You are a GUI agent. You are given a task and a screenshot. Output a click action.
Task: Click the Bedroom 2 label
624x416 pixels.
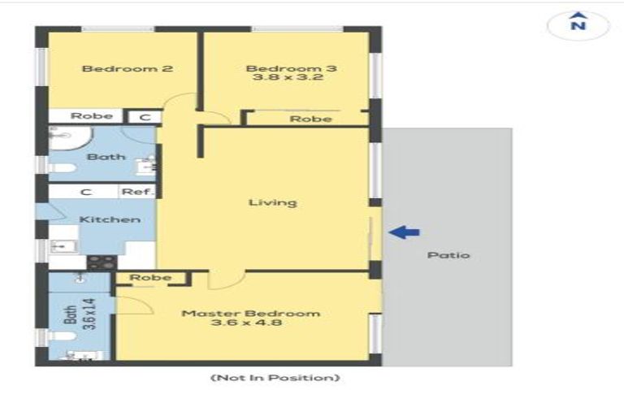click(127, 69)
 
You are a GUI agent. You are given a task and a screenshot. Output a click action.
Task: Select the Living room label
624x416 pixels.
click(272, 202)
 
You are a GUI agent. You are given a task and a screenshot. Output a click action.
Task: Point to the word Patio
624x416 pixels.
click(448, 255)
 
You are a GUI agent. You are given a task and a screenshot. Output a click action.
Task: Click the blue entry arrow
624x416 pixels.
click(404, 232)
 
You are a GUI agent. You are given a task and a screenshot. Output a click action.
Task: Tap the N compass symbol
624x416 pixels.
click(578, 24)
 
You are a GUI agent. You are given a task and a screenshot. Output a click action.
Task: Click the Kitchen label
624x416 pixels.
click(110, 219)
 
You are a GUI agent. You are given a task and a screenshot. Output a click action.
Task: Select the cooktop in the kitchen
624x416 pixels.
click(102, 262)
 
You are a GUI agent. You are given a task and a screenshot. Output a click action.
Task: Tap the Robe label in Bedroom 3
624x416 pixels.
click(311, 119)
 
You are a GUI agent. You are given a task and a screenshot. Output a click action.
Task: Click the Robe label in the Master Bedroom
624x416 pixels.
click(150, 278)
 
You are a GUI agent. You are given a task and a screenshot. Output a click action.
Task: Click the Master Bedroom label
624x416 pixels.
click(250, 314)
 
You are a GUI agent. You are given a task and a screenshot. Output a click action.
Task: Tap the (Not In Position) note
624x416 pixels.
click(275, 378)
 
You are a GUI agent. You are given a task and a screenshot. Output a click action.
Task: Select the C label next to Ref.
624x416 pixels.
click(84, 192)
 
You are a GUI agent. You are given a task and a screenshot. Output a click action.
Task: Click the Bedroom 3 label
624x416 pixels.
click(291, 69)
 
